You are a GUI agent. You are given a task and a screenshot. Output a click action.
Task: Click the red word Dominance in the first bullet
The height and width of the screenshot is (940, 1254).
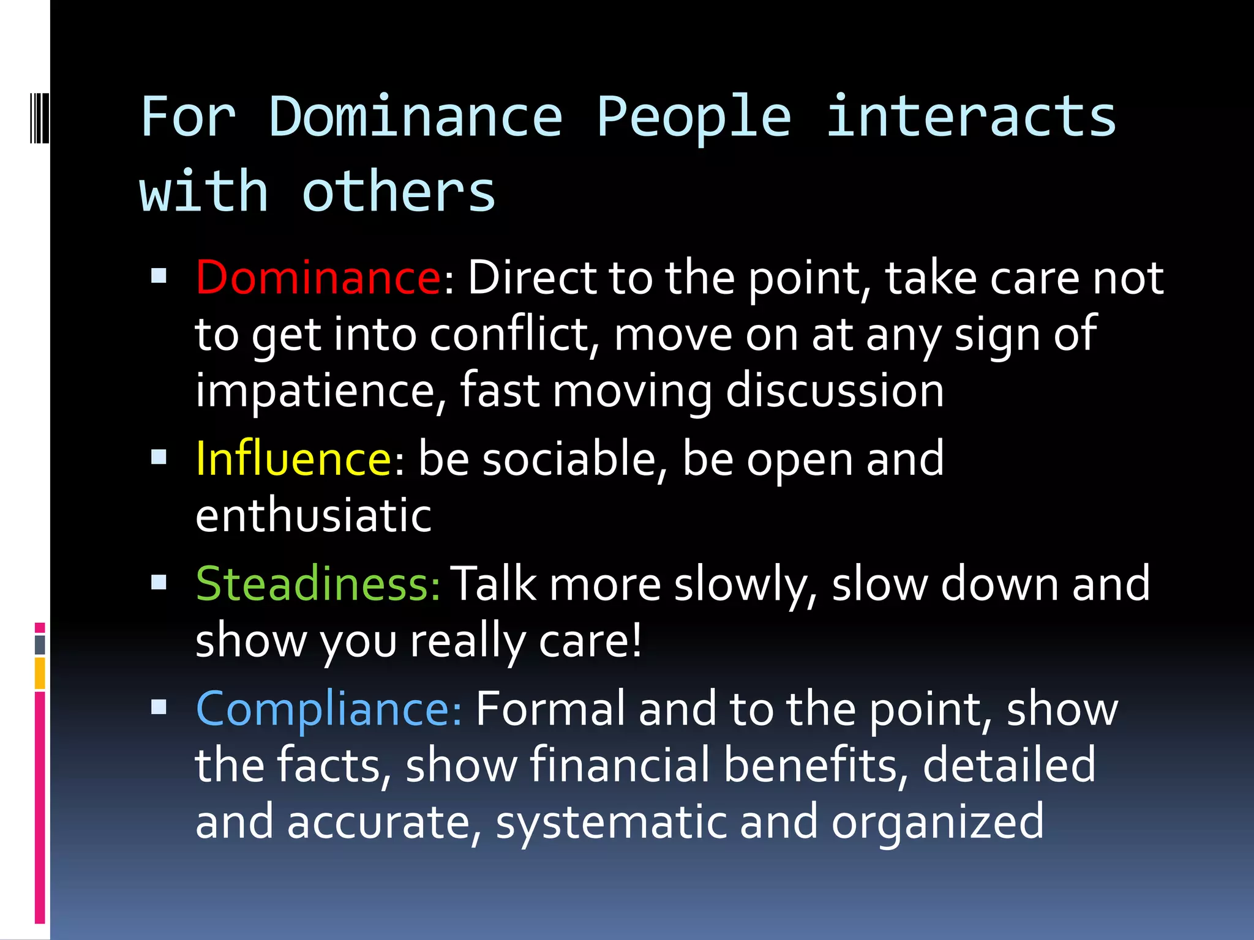(317, 278)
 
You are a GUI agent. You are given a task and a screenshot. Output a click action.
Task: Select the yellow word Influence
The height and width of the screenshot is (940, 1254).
(293, 459)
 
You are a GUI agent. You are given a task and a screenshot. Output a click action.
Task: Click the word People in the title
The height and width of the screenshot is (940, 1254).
(694, 117)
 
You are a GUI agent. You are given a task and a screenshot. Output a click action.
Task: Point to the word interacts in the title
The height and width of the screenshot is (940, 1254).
(971, 117)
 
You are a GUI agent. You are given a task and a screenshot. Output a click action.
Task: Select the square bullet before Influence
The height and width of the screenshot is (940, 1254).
(159, 457)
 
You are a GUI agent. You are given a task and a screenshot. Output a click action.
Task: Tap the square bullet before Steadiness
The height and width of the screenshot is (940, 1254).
(159, 582)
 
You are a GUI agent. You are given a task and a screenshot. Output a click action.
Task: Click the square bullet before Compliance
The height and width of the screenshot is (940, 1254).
(159, 707)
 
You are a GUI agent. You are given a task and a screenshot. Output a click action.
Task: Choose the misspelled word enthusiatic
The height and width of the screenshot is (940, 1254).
(313, 515)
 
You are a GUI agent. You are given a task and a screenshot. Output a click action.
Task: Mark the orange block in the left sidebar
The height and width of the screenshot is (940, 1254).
(40, 673)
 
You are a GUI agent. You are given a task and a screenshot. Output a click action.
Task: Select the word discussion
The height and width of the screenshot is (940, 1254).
(834, 391)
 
